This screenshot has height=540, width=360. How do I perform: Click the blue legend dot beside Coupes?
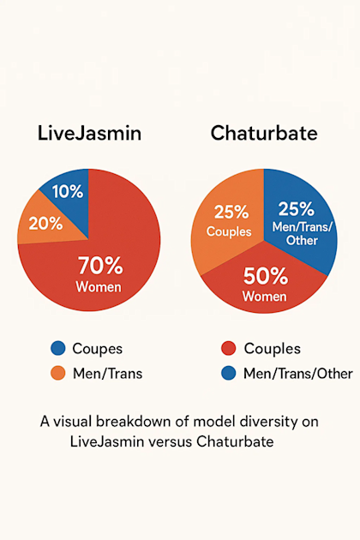(x=58, y=349)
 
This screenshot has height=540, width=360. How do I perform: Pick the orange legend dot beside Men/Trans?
(x=58, y=373)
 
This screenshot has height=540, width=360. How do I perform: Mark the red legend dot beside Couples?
(x=228, y=349)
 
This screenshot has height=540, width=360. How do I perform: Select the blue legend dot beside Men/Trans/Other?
(x=228, y=373)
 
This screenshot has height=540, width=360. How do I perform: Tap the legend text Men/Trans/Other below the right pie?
(x=291, y=373)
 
